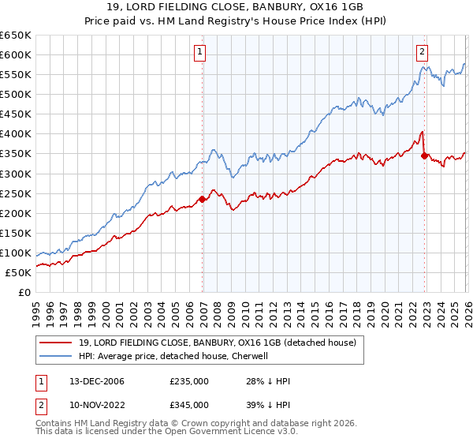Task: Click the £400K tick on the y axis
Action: [x=17, y=134]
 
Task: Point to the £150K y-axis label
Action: [x=17, y=233]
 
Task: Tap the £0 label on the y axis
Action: [x=25, y=292]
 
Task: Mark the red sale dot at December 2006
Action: [x=202, y=199]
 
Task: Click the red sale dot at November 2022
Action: [x=424, y=155]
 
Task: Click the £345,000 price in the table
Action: [x=189, y=405]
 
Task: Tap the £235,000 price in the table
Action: [x=189, y=382]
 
